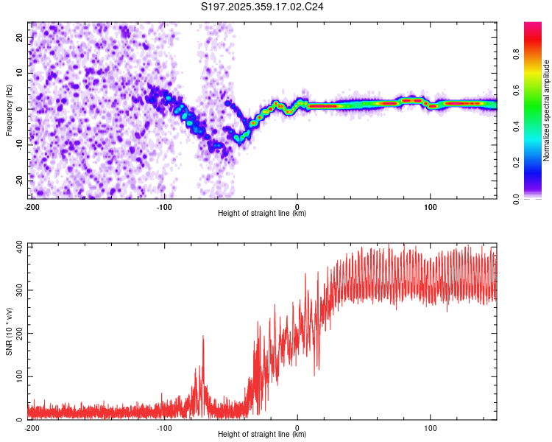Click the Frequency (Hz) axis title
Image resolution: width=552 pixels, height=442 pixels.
click(x=10, y=110)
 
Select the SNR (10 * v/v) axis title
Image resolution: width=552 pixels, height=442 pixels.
click(x=10, y=331)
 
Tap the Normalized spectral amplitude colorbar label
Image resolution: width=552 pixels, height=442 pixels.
click(x=547, y=110)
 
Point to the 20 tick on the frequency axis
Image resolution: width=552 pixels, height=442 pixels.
click(x=20, y=37)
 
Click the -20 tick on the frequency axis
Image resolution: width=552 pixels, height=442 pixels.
click(x=18, y=180)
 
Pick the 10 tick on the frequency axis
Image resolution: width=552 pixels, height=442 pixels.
click(x=20, y=73)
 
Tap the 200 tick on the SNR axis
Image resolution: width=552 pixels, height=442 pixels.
click(x=16, y=333)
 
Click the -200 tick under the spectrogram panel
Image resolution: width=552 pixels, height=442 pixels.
click(x=31, y=206)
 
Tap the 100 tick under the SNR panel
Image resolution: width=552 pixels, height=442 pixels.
click(x=431, y=427)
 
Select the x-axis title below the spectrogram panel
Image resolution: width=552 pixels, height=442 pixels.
click(x=263, y=214)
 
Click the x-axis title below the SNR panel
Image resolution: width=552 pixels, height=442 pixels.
click(x=263, y=435)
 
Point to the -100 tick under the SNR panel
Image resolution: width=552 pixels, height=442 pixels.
click(x=164, y=427)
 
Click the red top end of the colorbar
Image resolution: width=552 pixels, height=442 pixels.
click(x=532, y=25)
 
